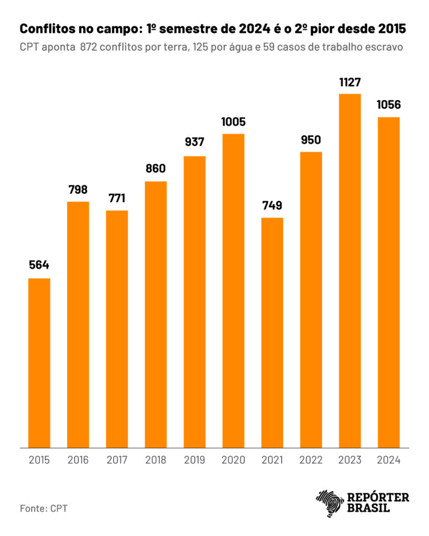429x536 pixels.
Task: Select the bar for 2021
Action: [272, 332]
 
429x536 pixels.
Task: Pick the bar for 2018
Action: [156, 315]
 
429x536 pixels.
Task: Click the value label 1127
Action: [350, 82]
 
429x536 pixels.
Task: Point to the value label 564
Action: [39, 265]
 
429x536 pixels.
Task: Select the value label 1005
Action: [233, 122]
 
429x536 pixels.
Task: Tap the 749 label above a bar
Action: [272, 205]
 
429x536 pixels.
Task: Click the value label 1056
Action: [389, 105]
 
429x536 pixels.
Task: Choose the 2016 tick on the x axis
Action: [78, 461]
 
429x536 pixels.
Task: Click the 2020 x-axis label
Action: [233, 461]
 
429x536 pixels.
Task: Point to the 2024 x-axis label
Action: [389, 461]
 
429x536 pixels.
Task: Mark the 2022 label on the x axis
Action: [311, 461]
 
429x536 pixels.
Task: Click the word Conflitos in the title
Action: [46, 29]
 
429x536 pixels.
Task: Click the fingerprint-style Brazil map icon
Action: [328, 502]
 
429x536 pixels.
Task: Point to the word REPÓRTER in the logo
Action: [378, 497]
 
